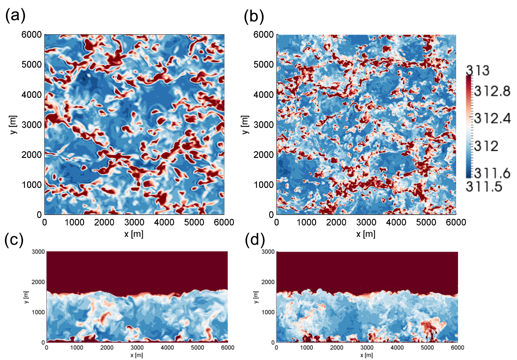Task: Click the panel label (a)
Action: (15, 15)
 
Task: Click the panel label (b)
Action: (254, 16)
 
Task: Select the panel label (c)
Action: (14, 240)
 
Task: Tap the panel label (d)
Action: (255, 240)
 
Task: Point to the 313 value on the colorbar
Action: (478, 70)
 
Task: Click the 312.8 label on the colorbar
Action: (492, 91)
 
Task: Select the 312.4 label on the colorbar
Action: (492, 118)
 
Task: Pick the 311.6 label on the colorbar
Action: (492, 173)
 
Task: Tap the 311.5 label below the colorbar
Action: (484, 187)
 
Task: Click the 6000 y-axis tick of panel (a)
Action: (32, 35)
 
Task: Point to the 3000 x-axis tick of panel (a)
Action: (134, 222)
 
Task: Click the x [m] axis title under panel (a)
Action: (134, 234)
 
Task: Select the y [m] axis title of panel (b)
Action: (245, 125)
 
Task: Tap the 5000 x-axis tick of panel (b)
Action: (426, 222)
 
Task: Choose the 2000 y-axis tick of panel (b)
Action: (263, 154)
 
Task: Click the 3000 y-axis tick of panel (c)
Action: (38, 252)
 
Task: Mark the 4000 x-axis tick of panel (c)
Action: (167, 347)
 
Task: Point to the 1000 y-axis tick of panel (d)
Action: (268, 312)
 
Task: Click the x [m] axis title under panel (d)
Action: (367, 355)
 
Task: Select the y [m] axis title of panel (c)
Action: (26, 297)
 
